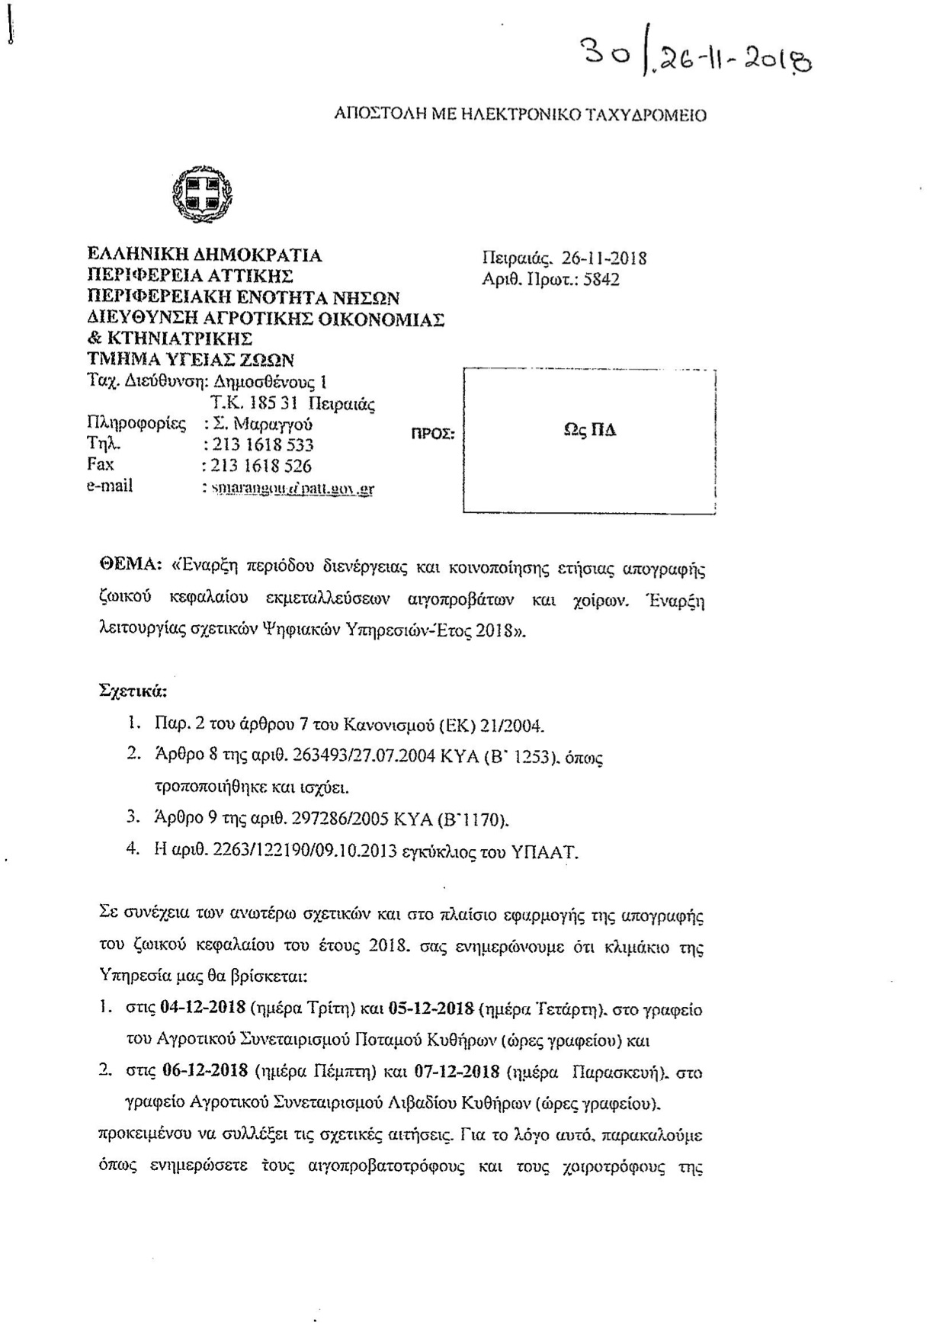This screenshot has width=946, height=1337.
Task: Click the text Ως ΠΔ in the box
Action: pyautogui.click(x=589, y=431)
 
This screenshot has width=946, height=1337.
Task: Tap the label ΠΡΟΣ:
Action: pyautogui.click(x=433, y=434)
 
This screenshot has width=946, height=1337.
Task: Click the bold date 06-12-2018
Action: pyautogui.click(x=205, y=1070)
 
